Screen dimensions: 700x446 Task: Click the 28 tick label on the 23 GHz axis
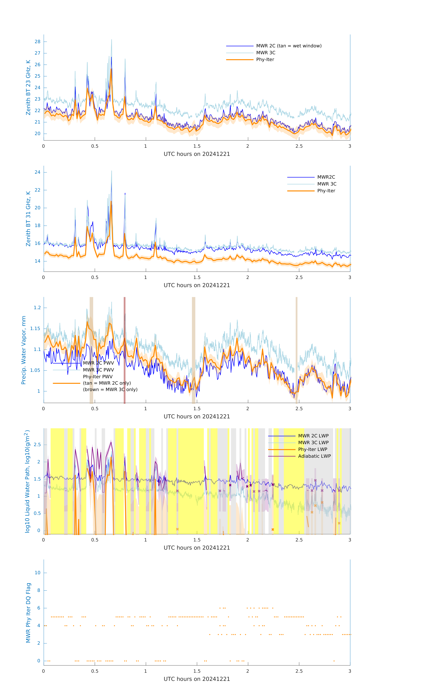37,42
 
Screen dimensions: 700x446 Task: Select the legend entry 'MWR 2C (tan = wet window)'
288,46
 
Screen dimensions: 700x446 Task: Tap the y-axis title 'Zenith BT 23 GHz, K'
28,87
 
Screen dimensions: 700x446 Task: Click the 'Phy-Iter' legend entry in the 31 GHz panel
326,191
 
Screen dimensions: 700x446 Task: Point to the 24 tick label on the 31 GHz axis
37,172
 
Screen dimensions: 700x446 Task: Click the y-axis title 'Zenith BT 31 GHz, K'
28,219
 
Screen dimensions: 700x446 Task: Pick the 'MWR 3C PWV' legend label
98,370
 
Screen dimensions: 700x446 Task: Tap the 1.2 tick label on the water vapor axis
37,308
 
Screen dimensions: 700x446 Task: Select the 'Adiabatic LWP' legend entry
314,456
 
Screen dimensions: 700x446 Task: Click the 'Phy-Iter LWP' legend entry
313,449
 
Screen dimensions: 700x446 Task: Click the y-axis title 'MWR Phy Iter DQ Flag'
28,612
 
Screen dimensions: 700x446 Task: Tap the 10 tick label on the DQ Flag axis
37,573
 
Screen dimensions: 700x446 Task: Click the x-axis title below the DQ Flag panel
197,679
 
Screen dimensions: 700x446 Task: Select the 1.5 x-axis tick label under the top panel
197,146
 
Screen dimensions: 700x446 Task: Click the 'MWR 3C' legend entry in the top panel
266,53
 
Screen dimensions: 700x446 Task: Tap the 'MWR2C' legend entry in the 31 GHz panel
326,177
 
